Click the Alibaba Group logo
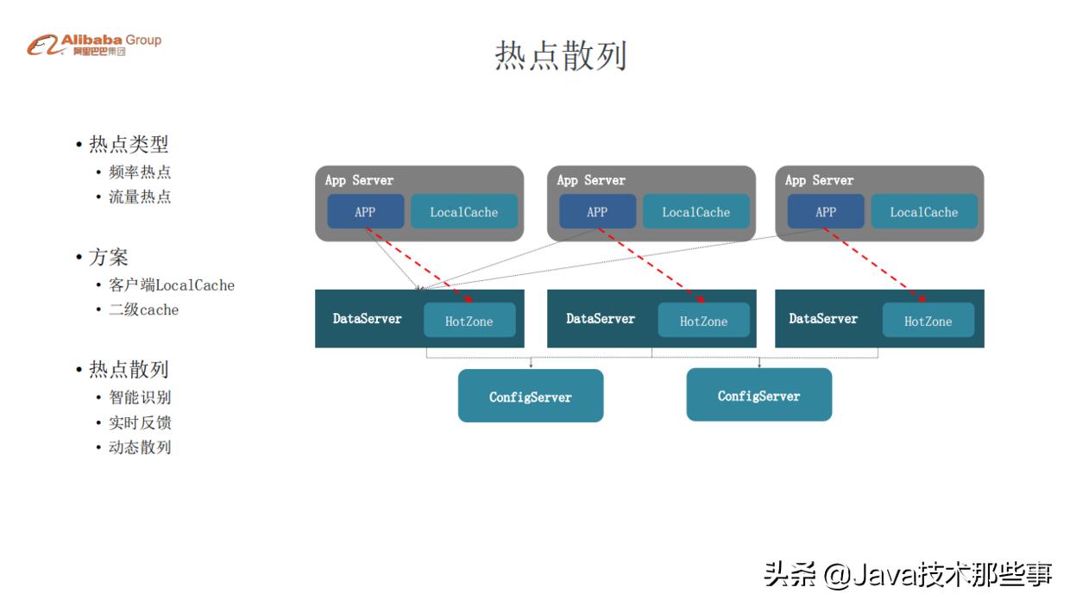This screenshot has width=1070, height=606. [94, 44]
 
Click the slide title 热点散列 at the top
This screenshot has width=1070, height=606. [560, 55]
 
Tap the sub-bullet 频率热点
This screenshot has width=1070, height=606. [139, 172]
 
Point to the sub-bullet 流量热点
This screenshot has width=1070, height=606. [139, 197]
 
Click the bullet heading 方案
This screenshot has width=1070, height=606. [108, 257]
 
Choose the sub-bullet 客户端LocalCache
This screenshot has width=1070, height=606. [171, 284]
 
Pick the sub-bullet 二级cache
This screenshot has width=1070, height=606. [143, 309]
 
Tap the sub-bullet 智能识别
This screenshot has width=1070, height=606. [139, 397]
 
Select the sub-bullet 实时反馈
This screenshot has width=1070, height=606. [139, 422]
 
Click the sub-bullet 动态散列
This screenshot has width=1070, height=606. [139, 447]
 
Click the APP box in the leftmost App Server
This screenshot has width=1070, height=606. [365, 212]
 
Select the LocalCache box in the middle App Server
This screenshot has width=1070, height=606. [695, 212]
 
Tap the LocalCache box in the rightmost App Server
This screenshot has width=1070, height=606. [923, 212]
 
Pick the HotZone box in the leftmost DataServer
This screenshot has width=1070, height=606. [469, 321]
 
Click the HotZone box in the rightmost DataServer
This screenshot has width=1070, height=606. [928, 321]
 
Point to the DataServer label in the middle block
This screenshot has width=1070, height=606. [601, 319]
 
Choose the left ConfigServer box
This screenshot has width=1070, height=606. [530, 397]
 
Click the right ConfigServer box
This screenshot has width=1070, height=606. [758, 396]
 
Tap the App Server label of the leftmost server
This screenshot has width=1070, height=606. [359, 180]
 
